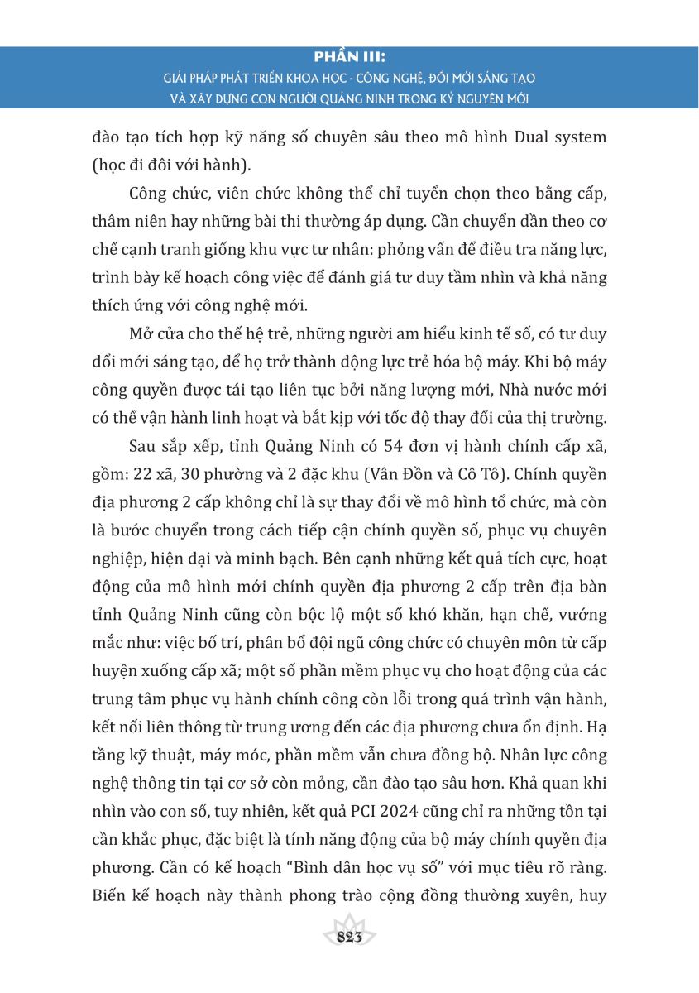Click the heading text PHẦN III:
(x=349, y=59)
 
